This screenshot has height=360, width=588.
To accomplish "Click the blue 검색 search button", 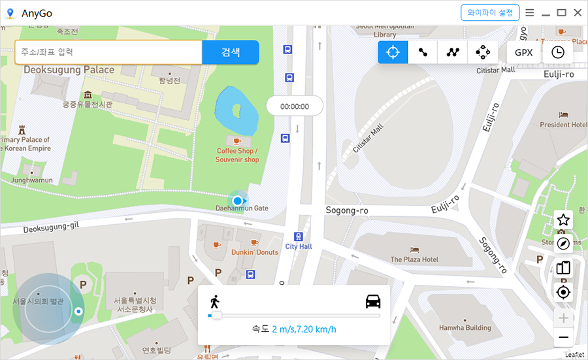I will [230, 52].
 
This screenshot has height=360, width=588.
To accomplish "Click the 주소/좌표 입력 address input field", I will [108, 52].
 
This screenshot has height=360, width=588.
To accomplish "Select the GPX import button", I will [523, 52].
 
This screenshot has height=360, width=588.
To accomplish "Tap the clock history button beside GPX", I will [558, 52].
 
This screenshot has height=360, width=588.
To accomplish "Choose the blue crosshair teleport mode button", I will [393, 52].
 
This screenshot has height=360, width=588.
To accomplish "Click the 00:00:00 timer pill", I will [295, 106].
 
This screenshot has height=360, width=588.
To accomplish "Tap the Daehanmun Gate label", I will [242, 208].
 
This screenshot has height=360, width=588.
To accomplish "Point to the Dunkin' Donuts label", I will [255, 252].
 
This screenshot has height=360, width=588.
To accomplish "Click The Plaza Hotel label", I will [414, 259].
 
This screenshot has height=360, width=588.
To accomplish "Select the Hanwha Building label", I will [465, 328].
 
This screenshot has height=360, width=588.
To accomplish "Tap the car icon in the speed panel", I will [373, 301].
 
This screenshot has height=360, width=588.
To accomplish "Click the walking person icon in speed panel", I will [214, 302].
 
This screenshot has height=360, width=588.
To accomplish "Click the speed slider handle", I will [216, 316].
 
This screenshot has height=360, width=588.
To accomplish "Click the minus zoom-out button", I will [563, 337].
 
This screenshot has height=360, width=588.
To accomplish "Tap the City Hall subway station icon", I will [299, 237].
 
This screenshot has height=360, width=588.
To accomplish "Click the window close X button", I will [578, 12].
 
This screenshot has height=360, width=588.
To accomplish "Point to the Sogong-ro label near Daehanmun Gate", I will [347, 210].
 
